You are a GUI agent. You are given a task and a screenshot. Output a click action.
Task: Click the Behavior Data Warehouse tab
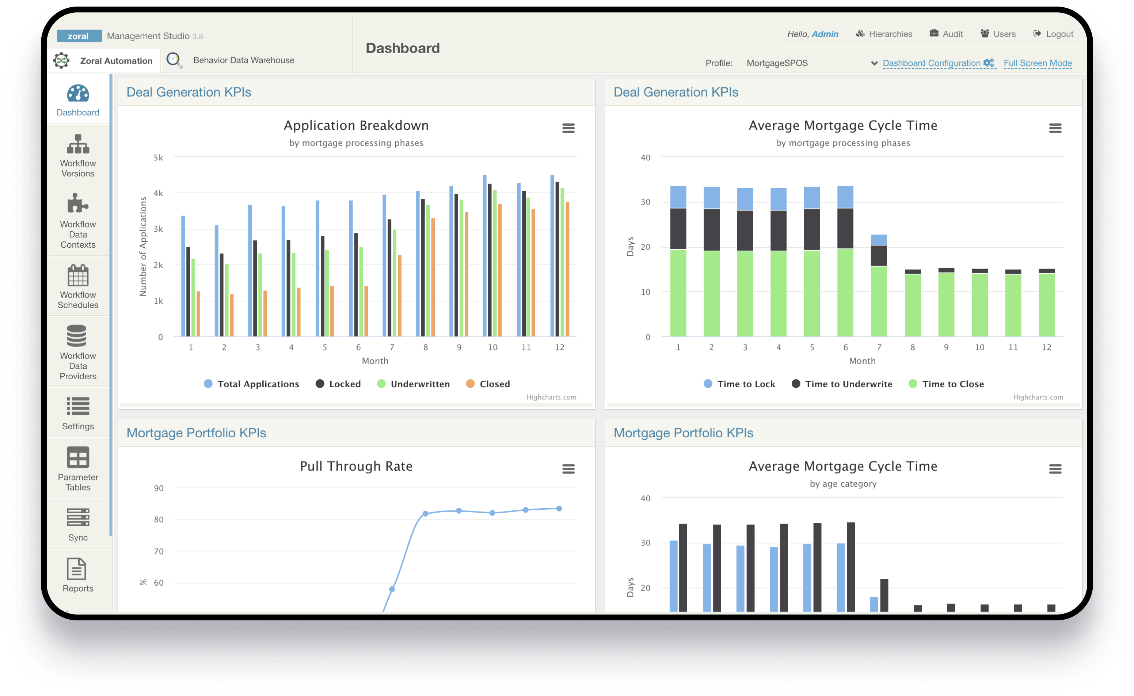(x=243, y=60)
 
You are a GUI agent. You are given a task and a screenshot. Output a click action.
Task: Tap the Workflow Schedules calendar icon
(x=78, y=276)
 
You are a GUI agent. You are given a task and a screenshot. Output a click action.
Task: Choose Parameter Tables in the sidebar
(x=78, y=469)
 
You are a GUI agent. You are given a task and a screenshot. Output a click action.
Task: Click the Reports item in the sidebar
(x=78, y=575)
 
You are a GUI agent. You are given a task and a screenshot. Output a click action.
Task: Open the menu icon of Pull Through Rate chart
(x=568, y=469)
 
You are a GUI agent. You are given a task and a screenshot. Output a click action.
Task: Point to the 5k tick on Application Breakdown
(x=158, y=157)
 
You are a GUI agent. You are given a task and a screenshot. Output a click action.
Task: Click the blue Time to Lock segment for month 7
(x=879, y=239)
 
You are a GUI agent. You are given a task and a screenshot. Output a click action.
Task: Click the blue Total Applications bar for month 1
(x=183, y=276)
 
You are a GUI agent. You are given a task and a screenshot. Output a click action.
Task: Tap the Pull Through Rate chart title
(x=356, y=466)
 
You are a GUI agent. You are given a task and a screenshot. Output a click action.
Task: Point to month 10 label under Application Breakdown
(x=492, y=347)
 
